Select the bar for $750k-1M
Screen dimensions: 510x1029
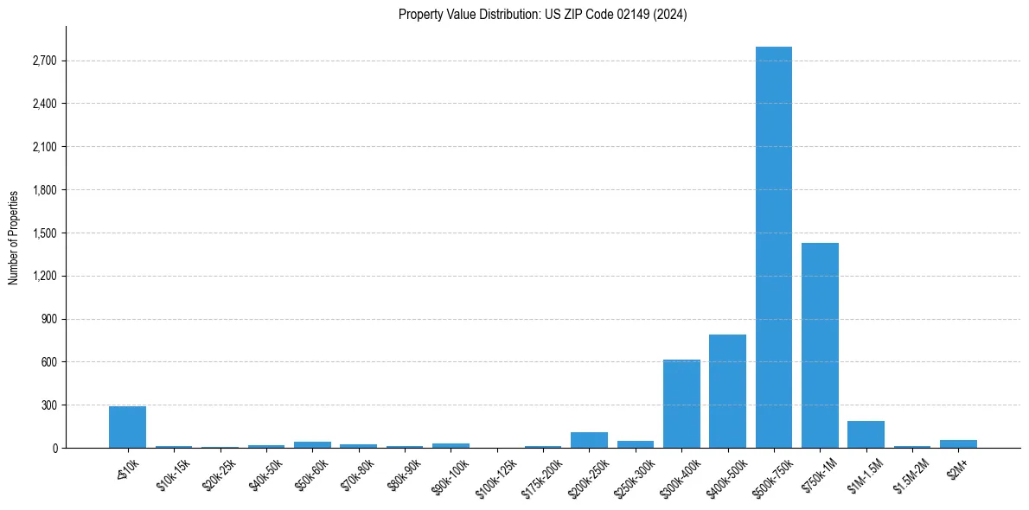point(820,346)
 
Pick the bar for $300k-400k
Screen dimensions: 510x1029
point(681,404)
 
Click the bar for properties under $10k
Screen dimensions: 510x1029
point(127,427)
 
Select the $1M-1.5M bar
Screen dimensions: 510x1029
point(866,435)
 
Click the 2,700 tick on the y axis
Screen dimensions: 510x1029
point(44,61)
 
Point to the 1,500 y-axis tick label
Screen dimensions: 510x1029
point(44,233)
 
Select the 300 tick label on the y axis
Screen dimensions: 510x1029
point(48,405)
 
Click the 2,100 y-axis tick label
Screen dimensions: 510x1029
point(44,147)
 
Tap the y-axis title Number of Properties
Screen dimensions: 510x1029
point(14,238)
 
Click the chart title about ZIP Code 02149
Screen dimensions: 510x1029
point(542,14)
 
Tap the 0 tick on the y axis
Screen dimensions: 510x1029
point(54,449)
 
